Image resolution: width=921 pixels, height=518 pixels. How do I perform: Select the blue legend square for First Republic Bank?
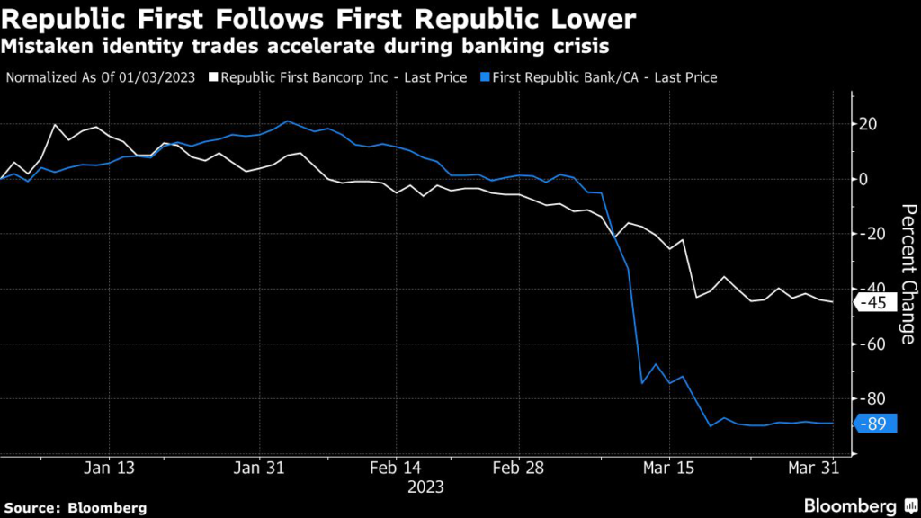point(486,77)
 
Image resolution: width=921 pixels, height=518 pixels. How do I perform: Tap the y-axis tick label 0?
point(865,179)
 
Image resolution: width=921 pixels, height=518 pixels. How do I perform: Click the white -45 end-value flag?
point(874,303)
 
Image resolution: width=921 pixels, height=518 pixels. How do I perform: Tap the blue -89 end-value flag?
point(874,424)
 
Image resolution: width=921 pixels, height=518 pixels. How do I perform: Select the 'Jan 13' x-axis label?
point(109,468)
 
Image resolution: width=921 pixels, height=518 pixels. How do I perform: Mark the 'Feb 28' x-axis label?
point(519,468)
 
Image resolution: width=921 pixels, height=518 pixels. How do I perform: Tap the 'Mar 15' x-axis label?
point(670,468)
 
